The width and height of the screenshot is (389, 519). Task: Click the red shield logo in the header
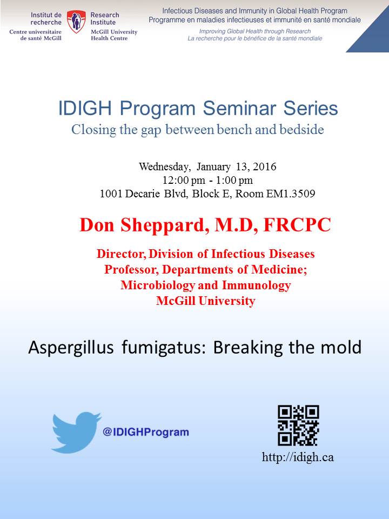coord(76,22)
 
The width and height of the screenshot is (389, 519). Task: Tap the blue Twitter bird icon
coord(77,432)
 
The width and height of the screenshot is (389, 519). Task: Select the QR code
coord(298,425)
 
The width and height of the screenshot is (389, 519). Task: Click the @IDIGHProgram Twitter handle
coord(146,432)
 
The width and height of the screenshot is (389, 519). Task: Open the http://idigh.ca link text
coord(298,457)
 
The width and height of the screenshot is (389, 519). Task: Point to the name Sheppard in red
coord(163,226)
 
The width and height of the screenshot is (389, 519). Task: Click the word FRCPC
coord(297,225)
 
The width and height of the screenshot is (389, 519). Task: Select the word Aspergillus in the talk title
coord(71,348)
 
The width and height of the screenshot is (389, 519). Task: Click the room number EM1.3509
coord(291,194)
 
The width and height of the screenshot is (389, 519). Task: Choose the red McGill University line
coord(206,301)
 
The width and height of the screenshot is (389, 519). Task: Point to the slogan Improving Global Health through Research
coord(254,31)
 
